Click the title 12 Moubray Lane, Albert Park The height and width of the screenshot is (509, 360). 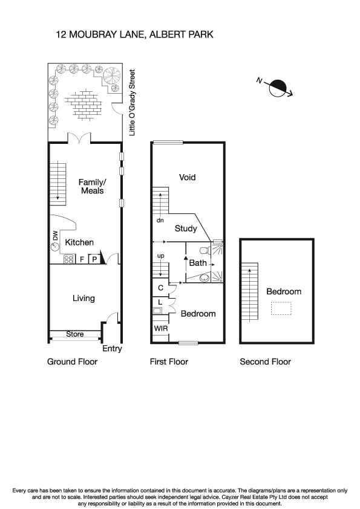click(134, 36)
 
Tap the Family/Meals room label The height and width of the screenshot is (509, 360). click(91, 186)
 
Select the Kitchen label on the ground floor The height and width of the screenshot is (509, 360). click(79, 242)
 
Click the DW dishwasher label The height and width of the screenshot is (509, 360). click(55, 241)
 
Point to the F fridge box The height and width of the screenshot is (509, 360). click(82, 259)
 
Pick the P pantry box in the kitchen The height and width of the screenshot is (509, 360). click(94, 259)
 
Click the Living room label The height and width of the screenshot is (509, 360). click(83, 298)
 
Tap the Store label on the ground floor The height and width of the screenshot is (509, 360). click(75, 334)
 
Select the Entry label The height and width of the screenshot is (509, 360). click(113, 349)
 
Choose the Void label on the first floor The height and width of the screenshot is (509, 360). click(188, 177)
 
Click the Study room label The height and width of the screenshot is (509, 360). click(186, 229)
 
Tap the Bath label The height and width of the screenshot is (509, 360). click(198, 263)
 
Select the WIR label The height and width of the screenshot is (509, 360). click(160, 328)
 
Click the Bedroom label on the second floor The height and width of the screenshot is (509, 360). click(284, 291)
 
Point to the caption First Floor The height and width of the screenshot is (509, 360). click(169, 362)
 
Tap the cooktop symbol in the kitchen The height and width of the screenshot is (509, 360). click(68, 260)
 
